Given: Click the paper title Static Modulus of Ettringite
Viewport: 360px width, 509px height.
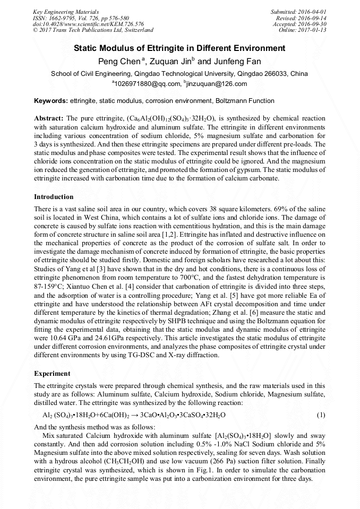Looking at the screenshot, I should (x=179, y=48).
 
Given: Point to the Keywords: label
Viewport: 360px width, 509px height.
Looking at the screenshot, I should (x=51, y=101).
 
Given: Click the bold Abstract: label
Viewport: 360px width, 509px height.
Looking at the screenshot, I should (x=49, y=118).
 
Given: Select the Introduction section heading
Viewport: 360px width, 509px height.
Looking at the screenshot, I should (x=54, y=197).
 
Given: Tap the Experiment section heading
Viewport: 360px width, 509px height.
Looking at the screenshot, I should (x=52, y=374).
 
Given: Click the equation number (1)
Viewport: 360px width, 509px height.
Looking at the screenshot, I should (x=321, y=415).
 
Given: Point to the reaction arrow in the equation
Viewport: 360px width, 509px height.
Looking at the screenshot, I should (x=135, y=415).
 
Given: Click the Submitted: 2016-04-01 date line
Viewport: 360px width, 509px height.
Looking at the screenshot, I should (x=298, y=11).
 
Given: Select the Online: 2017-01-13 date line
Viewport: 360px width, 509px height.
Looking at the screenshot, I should (x=302, y=30).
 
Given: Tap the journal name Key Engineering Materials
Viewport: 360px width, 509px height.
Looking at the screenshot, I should (x=65, y=11).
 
